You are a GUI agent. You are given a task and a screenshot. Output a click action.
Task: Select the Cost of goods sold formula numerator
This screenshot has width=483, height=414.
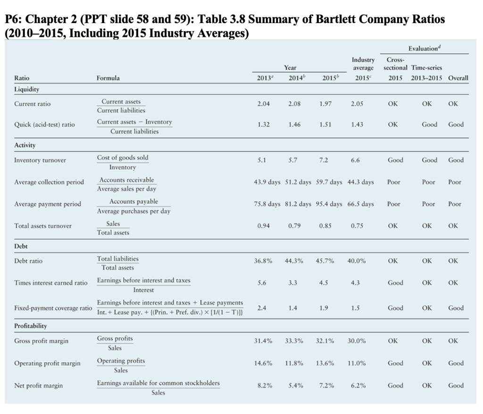(x=123, y=157)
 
